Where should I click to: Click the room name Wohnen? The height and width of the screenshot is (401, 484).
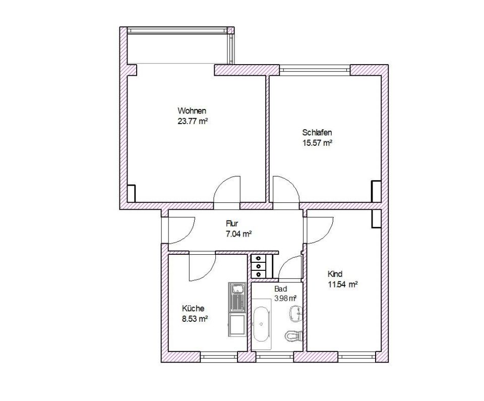point(192,110)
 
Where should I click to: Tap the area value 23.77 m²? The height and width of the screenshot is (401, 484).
point(192,121)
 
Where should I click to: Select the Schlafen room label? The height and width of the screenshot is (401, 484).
point(317,133)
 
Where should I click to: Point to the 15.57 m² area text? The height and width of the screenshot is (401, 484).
point(317,143)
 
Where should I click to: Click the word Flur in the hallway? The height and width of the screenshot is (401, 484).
point(232,223)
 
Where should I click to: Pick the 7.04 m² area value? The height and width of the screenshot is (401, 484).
point(238,234)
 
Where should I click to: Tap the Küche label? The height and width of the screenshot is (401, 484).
point(193,308)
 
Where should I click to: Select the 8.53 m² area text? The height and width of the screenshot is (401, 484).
point(195,319)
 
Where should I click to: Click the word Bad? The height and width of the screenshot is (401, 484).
point(281,289)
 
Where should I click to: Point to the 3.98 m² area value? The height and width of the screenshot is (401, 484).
point(285,299)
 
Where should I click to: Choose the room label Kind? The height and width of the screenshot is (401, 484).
point(335,274)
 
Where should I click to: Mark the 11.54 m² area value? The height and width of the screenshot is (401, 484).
point(343,284)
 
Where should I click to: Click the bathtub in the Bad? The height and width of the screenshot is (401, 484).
point(262,324)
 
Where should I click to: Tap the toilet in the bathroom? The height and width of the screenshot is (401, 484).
point(293,335)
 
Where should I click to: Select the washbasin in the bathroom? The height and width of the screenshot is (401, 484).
point(296,313)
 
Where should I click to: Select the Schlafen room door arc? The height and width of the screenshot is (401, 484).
point(291,185)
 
